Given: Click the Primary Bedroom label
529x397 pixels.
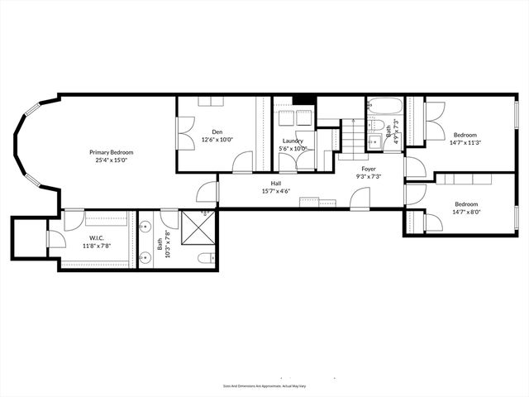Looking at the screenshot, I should (x=112, y=152).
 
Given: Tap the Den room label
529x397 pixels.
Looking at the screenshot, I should (x=217, y=132).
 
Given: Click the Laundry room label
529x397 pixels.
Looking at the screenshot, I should (x=293, y=141).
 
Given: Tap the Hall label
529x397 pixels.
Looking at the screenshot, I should (x=275, y=183).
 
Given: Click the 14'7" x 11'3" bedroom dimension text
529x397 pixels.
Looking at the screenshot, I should (x=465, y=142).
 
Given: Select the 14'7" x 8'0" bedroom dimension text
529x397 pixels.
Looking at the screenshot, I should (x=465, y=212).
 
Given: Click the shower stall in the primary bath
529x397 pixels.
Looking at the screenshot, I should (x=198, y=227).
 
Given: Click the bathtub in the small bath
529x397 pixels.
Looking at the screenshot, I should (x=385, y=107).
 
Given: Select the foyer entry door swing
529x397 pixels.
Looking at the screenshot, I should (x=360, y=198).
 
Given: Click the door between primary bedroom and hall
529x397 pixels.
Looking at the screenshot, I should (x=207, y=193).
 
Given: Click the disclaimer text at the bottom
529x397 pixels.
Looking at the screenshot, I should (x=264, y=385).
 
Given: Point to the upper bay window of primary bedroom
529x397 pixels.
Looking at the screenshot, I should (x=30, y=109).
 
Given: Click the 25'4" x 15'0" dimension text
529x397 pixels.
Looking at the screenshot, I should (x=112, y=161).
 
